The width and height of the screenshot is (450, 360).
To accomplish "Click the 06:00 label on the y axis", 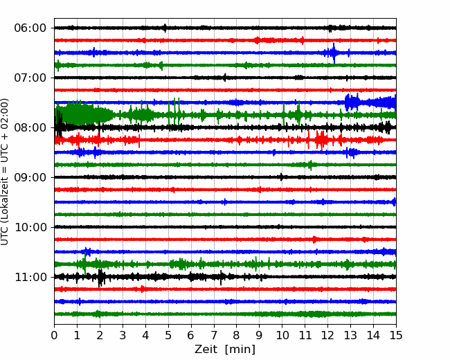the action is (x=30, y=28).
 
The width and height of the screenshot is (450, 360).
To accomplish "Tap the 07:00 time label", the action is (x=30, y=78).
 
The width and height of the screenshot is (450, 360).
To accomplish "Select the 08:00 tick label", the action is (x=30, y=128).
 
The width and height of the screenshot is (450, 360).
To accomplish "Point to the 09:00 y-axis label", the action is (x=30, y=177).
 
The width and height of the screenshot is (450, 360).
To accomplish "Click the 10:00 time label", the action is (x=30, y=227).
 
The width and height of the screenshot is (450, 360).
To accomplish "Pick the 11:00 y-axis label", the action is (x=30, y=278).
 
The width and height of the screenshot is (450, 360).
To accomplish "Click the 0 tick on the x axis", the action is (x=54, y=335).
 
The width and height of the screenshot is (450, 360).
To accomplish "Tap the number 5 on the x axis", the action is (x=168, y=335).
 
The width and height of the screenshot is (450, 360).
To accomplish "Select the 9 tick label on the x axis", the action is (x=259, y=335).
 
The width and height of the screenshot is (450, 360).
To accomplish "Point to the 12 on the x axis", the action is (x=327, y=335).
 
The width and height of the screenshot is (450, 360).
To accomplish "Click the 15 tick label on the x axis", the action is (x=396, y=335).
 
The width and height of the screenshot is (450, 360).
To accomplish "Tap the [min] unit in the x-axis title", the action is (x=240, y=350).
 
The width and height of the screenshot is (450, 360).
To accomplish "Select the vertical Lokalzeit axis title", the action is (x=5, y=172).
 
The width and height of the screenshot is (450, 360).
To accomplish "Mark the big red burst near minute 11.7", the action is (x=321, y=140).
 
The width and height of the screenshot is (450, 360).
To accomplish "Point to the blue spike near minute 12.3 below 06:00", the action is (x=334, y=53).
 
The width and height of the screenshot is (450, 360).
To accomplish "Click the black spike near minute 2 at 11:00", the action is (x=100, y=278).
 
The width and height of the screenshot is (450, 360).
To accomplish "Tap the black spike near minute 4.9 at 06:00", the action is (x=165, y=28).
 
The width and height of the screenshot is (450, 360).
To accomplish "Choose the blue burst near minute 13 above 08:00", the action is (x=352, y=102).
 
